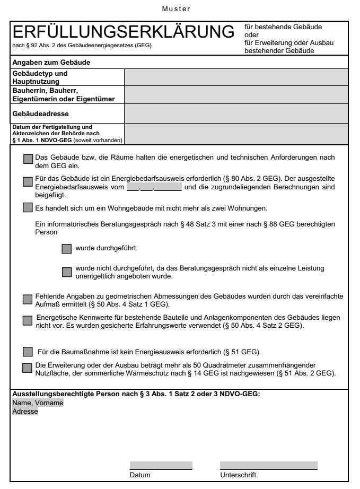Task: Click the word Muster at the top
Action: [x=179, y=9]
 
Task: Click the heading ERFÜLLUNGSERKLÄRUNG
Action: [x=123, y=32]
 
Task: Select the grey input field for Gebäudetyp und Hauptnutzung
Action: [x=236, y=77]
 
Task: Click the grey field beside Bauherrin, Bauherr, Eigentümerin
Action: [x=236, y=95]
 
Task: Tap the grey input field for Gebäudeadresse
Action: [x=236, y=113]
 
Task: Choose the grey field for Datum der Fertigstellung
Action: [x=236, y=134]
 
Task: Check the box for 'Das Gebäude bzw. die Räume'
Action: [x=28, y=159]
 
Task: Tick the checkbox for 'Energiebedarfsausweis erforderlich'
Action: [x=28, y=182]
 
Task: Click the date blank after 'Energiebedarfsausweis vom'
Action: [x=154, y=187]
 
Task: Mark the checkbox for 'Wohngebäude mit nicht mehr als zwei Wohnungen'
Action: [x=28, y=207]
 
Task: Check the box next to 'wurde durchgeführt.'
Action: [x=66, y=248]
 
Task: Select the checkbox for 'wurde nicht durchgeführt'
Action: [x=66, y=272]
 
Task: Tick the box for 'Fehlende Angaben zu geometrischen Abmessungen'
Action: [x=28, y=300]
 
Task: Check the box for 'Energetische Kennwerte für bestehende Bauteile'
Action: [x=28, y=320]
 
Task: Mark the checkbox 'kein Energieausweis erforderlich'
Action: [x=28, y=352]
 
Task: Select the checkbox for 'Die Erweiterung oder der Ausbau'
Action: [x=28, y=367]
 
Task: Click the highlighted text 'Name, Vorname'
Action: [x=38, y=403]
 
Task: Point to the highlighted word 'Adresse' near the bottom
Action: [x=25, y=411]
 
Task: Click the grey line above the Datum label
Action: [x=161, y=466]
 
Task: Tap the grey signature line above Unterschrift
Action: [x=268, y=466]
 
